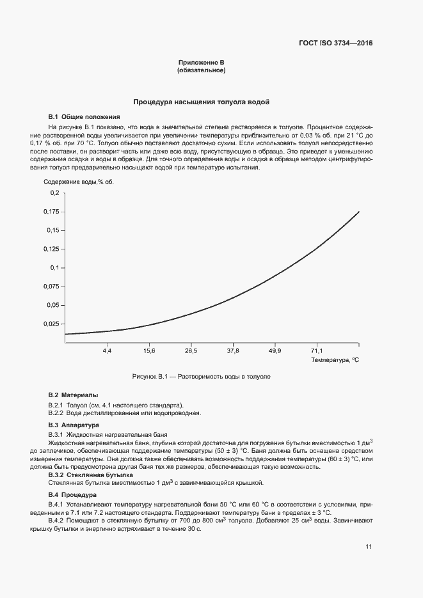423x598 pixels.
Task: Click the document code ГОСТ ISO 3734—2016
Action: (335, 43)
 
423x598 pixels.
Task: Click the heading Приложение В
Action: (201, 62)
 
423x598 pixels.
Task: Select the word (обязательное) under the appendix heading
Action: (201, 70)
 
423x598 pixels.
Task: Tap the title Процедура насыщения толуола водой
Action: (201, 102)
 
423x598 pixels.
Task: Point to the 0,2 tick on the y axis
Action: (54, 193)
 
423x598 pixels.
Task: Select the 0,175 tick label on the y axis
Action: (51, 211)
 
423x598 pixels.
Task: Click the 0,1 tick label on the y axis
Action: (54, 267)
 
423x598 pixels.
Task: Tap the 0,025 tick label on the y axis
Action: (51, 324)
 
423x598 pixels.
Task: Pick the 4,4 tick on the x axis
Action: (107, 351)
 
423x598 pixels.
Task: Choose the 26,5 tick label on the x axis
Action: (191, 351)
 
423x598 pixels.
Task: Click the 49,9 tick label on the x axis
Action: (275, 351)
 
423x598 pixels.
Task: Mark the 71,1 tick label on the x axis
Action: (317, 351)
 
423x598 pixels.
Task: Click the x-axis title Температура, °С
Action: (335, 361)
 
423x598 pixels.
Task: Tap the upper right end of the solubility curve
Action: (359, 212)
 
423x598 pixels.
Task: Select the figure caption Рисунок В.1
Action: (201, 377)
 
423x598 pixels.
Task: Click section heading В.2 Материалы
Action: (74, 395)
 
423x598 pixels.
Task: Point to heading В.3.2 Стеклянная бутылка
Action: (91, 475)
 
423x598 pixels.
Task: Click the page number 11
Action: (369, 546)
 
